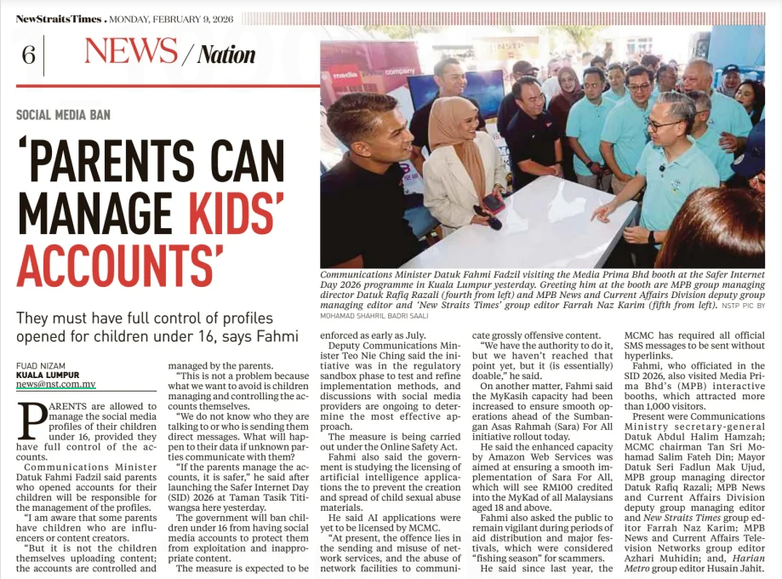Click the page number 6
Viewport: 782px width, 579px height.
[28, 55]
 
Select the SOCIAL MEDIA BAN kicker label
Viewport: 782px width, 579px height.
[63, 115]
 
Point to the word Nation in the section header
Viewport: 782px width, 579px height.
[226, 55]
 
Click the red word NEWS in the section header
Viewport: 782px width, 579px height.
[131, 53]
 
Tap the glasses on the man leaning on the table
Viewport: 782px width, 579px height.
[661, 124]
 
